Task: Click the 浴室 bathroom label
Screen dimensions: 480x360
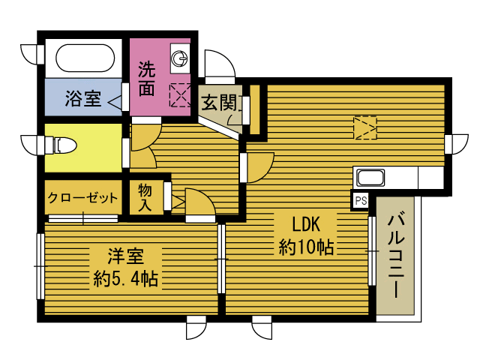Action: [83, 98]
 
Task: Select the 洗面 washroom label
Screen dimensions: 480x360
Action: [147, 79]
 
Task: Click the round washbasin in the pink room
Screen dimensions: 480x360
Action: [179, 58]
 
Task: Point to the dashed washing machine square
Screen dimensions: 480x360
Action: [180, 95]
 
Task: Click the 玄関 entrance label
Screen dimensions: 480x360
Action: [219, 103]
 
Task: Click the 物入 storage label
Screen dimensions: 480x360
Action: [145, 197]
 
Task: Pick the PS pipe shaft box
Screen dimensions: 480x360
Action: [361, 201]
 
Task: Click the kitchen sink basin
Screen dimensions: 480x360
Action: [371, 178]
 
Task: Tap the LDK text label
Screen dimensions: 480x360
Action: [306, 224]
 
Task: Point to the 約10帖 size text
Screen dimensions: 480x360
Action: [306, 247]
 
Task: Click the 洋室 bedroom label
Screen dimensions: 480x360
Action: [125, 256]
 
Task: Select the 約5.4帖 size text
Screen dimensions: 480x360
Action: [125, 279]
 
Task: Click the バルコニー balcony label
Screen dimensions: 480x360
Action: [396, 256]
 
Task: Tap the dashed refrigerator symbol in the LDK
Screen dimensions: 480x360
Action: [365, 128]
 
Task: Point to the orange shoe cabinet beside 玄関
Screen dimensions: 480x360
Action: [255, 109]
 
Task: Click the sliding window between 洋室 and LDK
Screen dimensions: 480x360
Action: [221, 259]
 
